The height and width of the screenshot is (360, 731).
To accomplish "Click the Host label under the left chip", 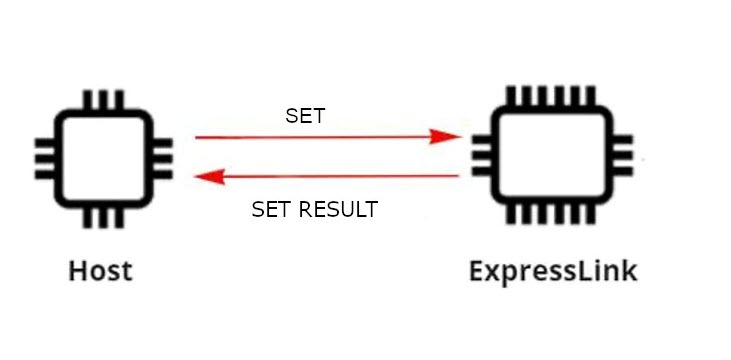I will [x=100, y=270].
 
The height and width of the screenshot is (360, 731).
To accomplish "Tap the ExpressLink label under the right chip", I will [x=553, y=270].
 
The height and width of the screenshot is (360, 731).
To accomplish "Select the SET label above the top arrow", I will [x=305, y=115].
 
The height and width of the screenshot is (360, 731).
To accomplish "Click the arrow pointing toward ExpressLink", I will [x=320, y=136].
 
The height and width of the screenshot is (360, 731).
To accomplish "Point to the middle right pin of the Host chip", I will [x=161, y=158].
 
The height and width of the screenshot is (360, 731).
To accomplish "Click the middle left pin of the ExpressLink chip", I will [x=478, y=156].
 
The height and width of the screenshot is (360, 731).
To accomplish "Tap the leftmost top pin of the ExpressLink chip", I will [x=513, y=96].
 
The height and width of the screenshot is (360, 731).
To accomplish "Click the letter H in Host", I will [x=77, y=270].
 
